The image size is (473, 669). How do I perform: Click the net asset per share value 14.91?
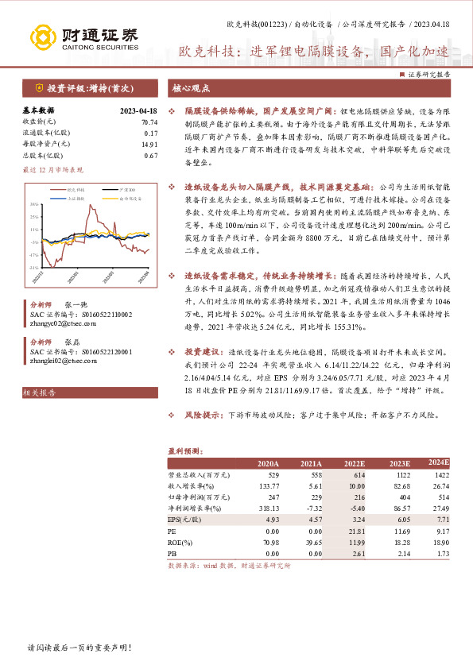pos(149,145)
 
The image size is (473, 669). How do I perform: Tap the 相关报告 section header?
pos(40,393)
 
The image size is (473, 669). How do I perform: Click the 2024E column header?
pos(438,462)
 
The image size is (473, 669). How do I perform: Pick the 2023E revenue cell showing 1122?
pos(399,474)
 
